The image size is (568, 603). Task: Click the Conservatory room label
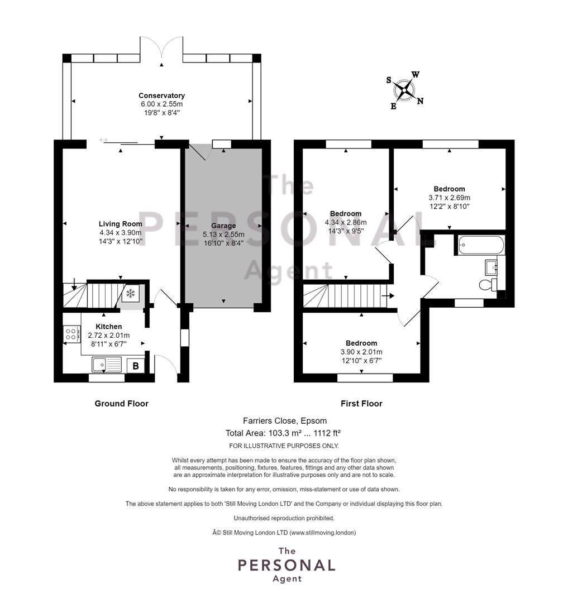coord(161,95)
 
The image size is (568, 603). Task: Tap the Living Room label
coord(121,224)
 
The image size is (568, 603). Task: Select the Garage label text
coord(223,226)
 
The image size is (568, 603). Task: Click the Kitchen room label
coord(109,327)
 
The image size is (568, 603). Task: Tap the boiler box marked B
coord(135,366)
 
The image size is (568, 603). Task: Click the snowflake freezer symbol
coord(131,294)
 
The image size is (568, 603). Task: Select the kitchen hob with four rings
coord(72,334)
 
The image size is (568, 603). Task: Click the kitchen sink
coord(107,364)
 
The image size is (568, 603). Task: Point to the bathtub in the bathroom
coord(481,245)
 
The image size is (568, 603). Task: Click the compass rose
coord(404,90)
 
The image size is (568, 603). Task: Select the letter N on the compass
coord(421,101)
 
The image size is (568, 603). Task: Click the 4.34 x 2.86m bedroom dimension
coord(346,222)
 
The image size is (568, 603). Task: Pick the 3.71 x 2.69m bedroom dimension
coord(449,198)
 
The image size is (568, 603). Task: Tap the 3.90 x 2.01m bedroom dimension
coord(361,352)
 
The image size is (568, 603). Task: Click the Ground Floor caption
coord(122,404)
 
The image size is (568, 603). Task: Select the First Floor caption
coord(361,404)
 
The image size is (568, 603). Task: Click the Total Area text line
coord(283,433)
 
